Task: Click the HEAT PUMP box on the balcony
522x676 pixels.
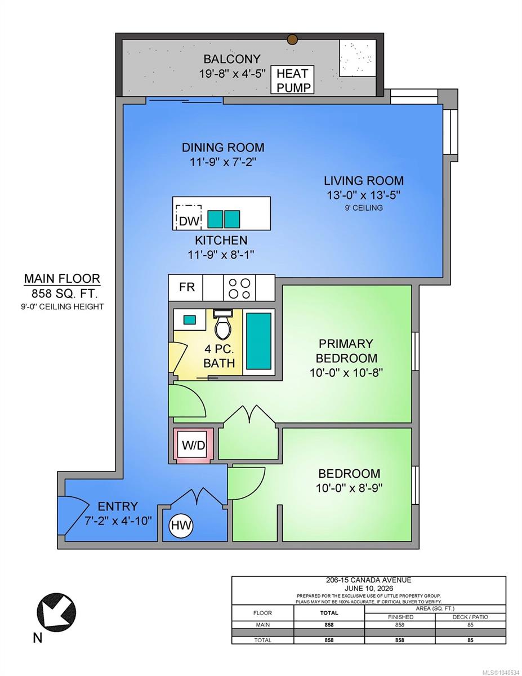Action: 292,79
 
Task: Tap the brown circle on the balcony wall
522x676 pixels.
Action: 292,39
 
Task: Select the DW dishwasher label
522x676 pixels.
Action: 189,221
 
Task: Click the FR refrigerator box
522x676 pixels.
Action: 186,287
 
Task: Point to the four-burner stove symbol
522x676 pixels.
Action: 239,288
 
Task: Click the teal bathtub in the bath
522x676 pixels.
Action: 258,341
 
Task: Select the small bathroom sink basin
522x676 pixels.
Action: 189,319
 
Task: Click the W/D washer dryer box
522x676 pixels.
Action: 193,446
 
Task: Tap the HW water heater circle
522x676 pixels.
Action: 181,526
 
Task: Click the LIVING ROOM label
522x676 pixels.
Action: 364,181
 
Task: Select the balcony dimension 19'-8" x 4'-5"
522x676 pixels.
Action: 232,74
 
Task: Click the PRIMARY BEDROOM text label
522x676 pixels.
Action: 346,351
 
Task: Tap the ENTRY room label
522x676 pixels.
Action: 118,506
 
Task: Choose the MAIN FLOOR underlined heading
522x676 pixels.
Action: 62,278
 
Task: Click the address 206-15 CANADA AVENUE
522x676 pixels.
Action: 368,580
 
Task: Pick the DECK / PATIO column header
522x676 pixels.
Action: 470,617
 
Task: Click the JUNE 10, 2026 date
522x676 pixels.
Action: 369,588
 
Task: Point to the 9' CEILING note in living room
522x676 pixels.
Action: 363,208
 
